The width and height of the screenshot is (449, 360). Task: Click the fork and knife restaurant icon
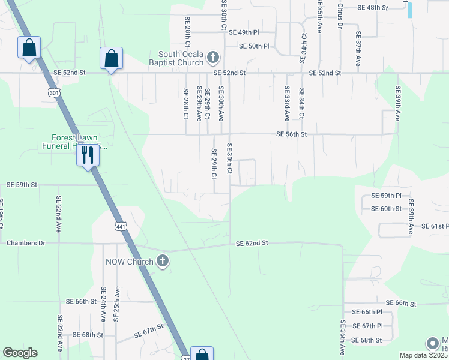[88, 155]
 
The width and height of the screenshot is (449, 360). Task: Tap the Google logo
[20, 353]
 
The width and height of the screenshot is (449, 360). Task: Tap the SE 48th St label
[373, 8]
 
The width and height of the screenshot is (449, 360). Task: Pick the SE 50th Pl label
[255, 46]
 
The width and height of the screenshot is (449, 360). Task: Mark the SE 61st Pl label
[435, 226]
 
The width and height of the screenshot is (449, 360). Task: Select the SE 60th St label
[387, 208]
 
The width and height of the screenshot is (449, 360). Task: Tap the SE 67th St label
[149, 329]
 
